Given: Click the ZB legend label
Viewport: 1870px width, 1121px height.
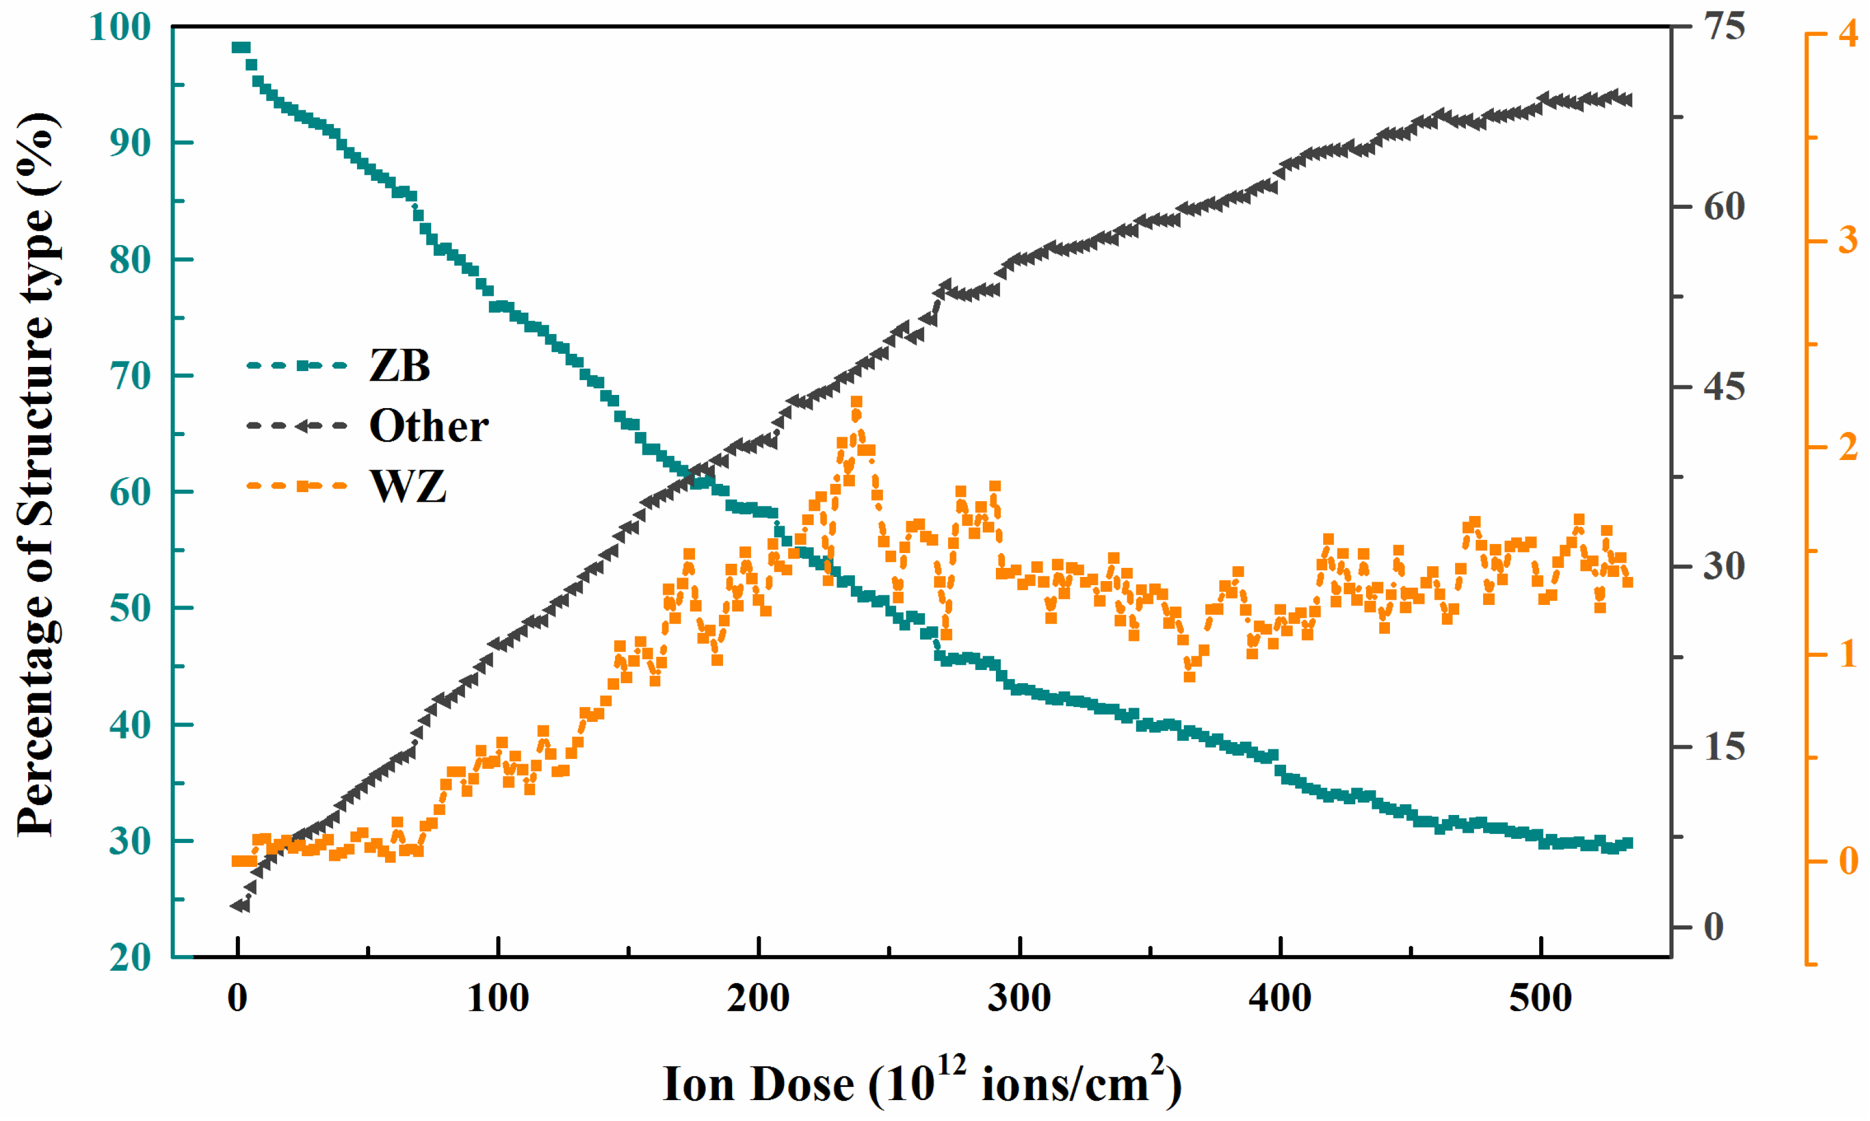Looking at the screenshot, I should pyautogui.click(x=399, y=366).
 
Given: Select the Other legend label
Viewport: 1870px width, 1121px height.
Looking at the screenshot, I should pyautogui.click(x=428, y=426).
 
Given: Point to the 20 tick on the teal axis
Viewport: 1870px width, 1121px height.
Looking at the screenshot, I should pyautogui.click(x=130, y=958).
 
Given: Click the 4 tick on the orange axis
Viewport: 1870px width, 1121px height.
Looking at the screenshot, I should pyautogui.click(x=1847, y=34).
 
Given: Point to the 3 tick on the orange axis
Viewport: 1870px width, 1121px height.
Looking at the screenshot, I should pyautogui.click(x=1847, y=240).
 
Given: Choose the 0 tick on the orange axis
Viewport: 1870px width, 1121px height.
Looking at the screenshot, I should pyautogui.click(x=1847, y=861).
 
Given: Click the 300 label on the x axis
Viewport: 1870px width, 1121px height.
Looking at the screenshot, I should pyautogui.click(x=1020, y=999).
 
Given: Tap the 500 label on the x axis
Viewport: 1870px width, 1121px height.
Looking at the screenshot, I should pyautogui.click(x=1540, y=999).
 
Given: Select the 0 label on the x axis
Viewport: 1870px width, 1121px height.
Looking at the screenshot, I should pyautogui.click(x=238, y=999).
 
